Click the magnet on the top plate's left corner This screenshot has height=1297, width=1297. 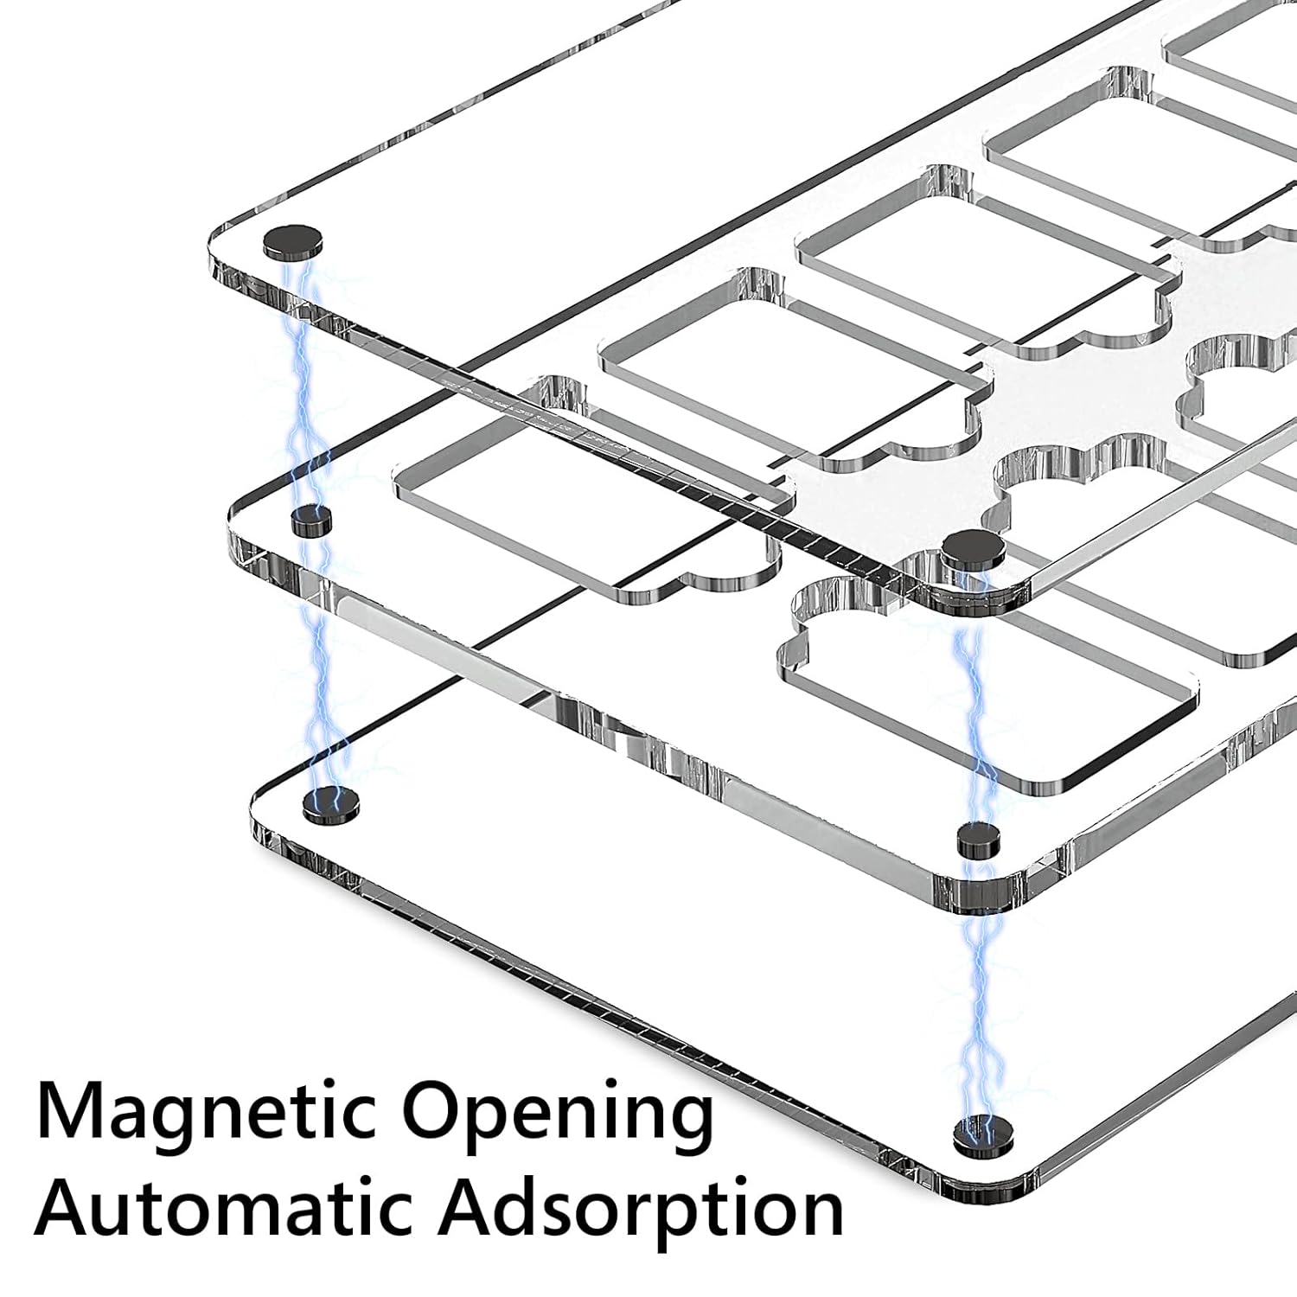coord(292,242)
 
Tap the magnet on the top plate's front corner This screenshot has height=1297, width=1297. coord(974,550)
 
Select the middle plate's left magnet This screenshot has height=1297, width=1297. coord(311,521)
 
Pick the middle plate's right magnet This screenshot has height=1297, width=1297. coord(980,839)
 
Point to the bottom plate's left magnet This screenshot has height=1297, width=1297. coord(331,805)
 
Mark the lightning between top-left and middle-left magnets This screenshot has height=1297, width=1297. coord(304,380)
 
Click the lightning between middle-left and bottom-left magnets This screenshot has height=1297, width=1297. coord(322,666)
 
